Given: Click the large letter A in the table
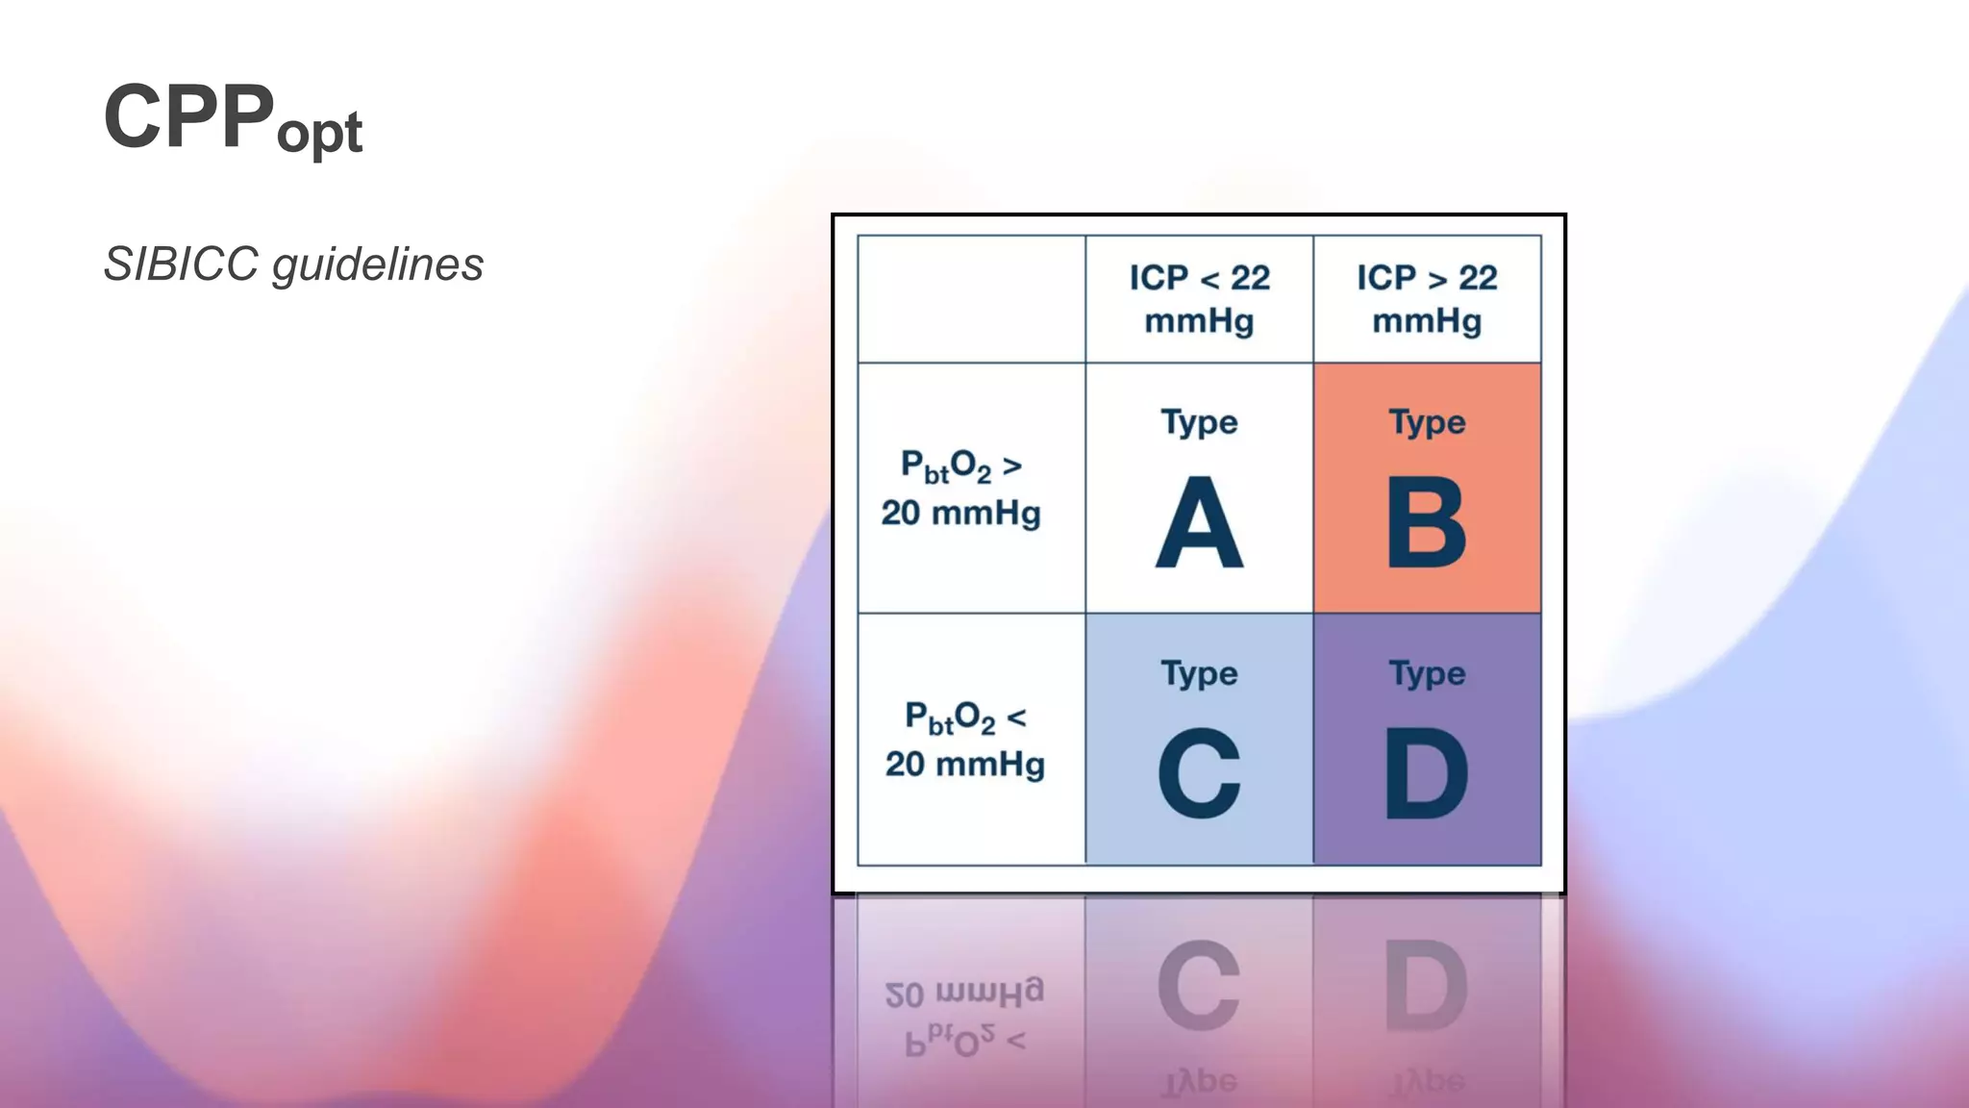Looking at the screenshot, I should point(1199,524).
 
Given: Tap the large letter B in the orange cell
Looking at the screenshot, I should point(1427,524).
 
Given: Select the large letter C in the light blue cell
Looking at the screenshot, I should point(1199,773).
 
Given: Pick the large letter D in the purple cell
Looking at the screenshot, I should point(1427,773).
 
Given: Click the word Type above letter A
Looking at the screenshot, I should point(1199,423).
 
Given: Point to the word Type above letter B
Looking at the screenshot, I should point(1427,423).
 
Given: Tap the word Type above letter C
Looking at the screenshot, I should point(1199,674).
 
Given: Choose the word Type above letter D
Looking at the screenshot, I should point(1427,674).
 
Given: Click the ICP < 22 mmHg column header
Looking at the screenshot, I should point(1199,299).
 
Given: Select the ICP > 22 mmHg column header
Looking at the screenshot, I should point(1427,299).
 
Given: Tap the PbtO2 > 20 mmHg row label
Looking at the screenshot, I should point(961,489).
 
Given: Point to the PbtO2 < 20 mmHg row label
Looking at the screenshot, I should point(964,740).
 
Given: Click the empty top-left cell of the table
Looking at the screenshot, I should point(971,299).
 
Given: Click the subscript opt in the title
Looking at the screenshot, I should point(319,133).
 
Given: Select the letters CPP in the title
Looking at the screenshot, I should point(188,116).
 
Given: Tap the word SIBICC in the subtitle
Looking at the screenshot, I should point(181,264).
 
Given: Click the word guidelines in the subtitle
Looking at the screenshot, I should point(378,264).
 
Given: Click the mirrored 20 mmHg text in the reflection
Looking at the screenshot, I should point(963,994).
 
